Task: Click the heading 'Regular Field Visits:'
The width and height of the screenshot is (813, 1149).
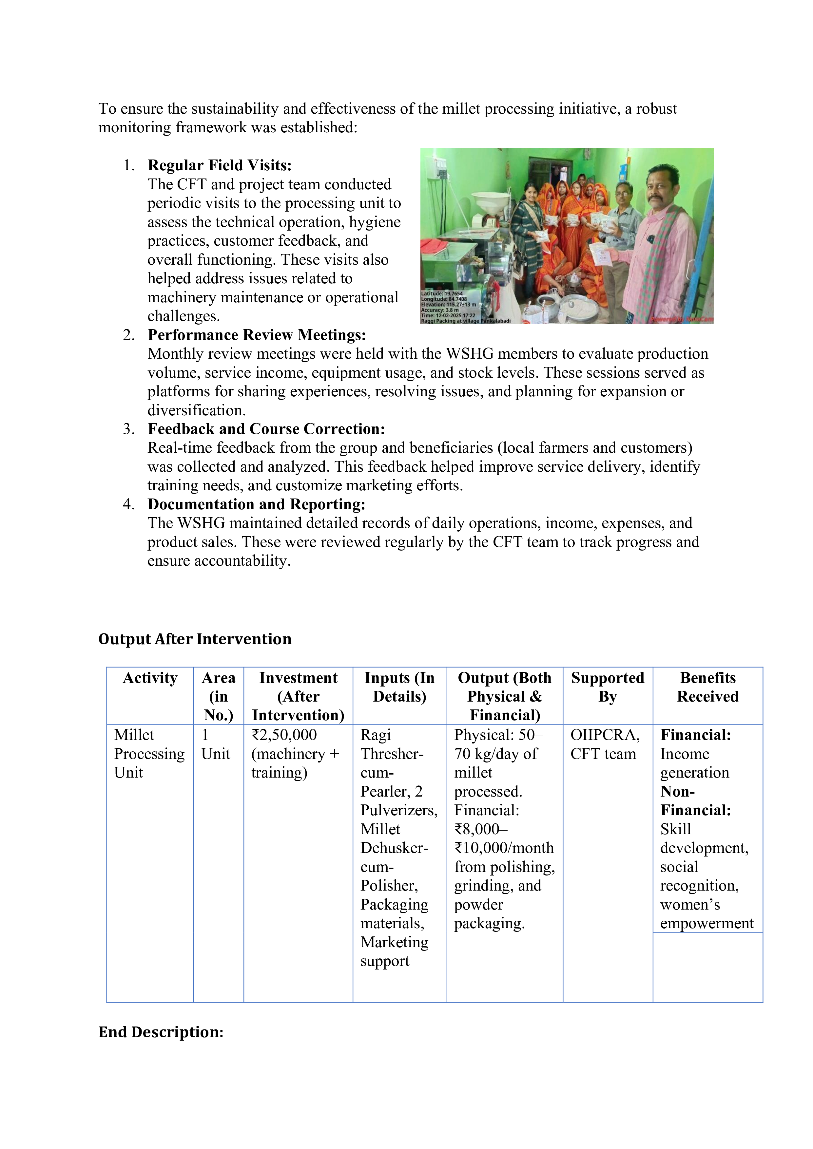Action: [219, 166]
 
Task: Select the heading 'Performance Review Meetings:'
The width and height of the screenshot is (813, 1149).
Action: [256, 335]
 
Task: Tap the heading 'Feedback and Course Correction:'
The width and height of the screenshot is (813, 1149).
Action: [266, 429]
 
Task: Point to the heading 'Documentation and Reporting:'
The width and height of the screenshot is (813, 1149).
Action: [256, 504]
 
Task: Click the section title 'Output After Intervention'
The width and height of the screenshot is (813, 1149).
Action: [195, 639]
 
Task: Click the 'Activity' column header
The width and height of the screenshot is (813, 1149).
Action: [150, 678]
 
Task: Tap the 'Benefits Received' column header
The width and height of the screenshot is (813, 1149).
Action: [707, 687]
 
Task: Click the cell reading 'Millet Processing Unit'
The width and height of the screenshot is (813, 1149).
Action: [149, 754]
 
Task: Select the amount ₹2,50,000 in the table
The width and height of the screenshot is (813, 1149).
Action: [284, 735]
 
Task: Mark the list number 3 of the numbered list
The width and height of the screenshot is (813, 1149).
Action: [129, 429]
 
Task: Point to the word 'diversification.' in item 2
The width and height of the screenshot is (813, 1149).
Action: [196, 410]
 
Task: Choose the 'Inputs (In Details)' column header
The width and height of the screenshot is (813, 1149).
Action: [399, 687]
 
